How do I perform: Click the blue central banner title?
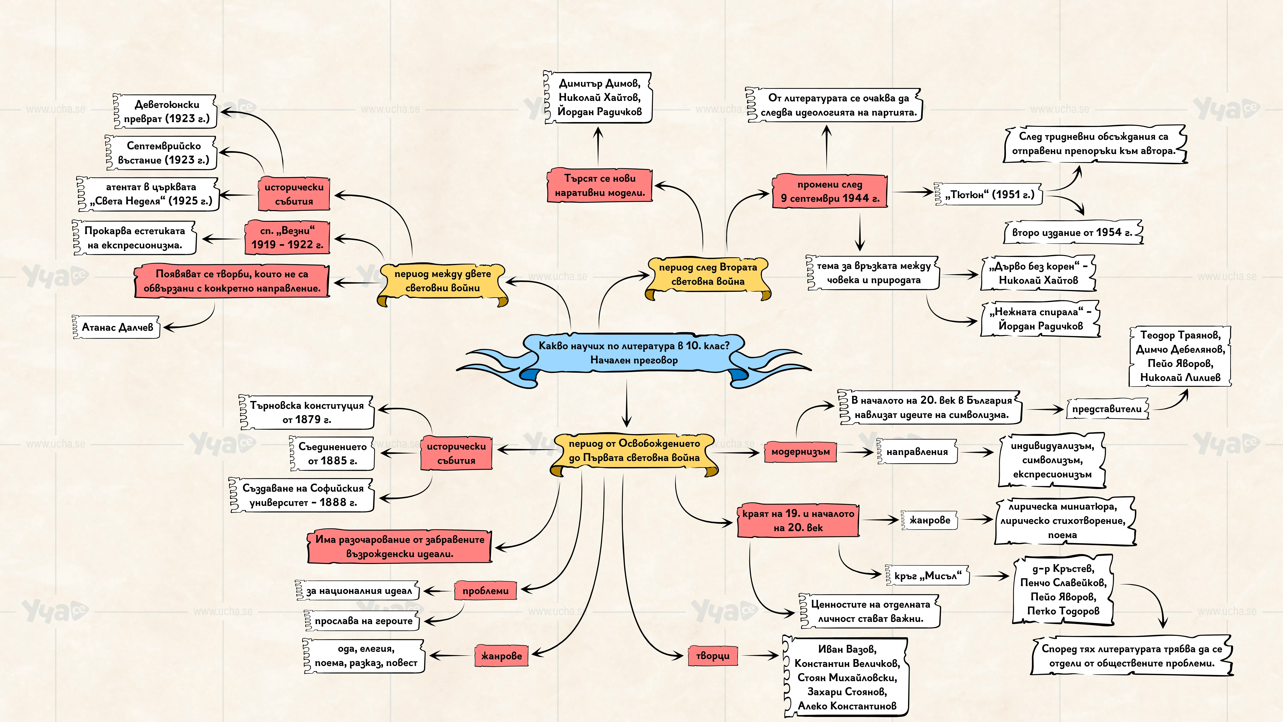(634, 353)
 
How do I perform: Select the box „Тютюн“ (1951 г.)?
(989, 194)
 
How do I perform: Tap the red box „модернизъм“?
(800, 452)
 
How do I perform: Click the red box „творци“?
(712, 656)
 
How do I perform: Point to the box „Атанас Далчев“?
(117, 327)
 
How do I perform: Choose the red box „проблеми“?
(485, 590)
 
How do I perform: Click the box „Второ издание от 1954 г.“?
(1072, 232)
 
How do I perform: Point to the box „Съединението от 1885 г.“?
(332, 453)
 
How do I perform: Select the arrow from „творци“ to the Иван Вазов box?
(758, 656)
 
